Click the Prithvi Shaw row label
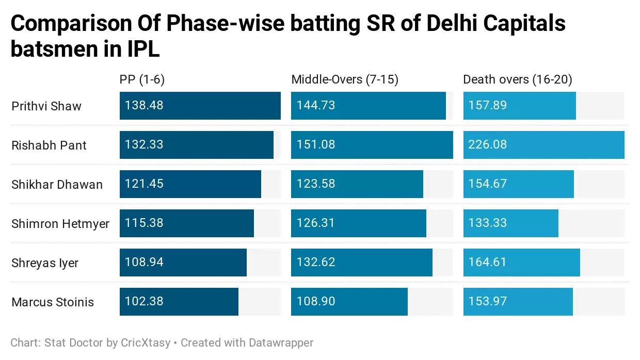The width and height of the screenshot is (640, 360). [46, 106]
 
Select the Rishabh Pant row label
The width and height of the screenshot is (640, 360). [49, 145]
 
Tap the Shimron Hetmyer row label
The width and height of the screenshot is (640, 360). [60, 224]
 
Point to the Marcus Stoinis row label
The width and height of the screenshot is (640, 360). [53, 302]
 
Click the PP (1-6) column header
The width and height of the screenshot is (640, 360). [142, 79]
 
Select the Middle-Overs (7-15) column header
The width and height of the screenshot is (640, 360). [345, 79]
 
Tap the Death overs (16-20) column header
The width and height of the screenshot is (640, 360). [518, 79]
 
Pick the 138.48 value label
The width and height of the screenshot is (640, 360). [144, 106]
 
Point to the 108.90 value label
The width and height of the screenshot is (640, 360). [316, 302]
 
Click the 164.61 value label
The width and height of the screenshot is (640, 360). [488, 263]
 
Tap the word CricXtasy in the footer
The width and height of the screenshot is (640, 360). [146, 342]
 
